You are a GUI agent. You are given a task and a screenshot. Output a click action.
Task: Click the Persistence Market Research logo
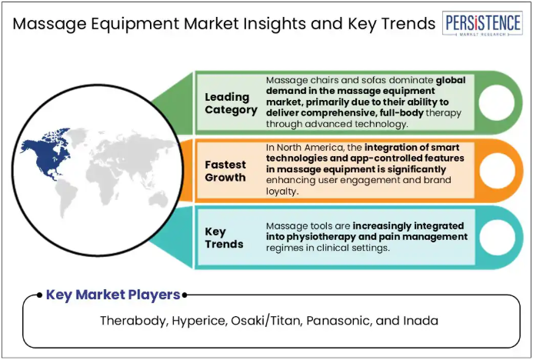click(x=482, y=23)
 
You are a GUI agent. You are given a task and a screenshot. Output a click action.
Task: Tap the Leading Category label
click(x=231, y=103)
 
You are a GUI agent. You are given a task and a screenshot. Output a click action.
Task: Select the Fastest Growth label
click(x=225, y=171)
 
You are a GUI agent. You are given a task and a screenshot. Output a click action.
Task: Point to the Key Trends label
click(x=224, y=238)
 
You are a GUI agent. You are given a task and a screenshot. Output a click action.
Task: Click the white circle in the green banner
click(x=496, y=102)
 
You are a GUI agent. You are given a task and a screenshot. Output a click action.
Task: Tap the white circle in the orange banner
click(x=498, y=170)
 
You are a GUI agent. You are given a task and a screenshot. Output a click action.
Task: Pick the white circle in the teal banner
click(x=498, y=237)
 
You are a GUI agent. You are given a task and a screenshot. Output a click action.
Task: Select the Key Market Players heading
click(x=113, y=295)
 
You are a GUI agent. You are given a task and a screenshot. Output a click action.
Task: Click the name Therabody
click(x=135, y=321)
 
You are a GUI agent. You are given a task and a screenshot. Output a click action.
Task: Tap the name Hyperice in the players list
click(x=199, y=321)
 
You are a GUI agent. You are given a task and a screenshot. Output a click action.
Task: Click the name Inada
click(x=421, y=321)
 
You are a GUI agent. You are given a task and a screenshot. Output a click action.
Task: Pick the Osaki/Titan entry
click(x=267, y=321)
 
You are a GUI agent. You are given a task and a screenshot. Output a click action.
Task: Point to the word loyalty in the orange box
click(x=281, y=192)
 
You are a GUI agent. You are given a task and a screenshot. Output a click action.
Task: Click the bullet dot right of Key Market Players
click(x=185, y=295)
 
